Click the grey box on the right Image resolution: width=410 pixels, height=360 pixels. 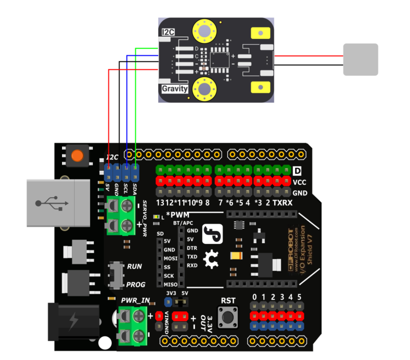coord(360,59)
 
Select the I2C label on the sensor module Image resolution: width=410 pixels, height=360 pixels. coord(169,32)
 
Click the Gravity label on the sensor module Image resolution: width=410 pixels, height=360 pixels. coord(175,89)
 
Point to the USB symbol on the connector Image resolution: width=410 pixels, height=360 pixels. coord(51,203)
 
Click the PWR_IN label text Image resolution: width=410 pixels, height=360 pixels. coord(136,300)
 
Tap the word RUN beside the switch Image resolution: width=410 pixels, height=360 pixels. coord(135,267)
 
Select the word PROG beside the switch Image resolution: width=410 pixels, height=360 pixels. coord(136,285)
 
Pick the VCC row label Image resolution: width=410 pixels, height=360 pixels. coord(300,182)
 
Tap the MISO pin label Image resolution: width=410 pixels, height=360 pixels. coord(170,284)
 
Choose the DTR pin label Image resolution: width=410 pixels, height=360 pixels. coord(192,248)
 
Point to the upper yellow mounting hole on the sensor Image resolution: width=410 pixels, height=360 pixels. coord(204,31)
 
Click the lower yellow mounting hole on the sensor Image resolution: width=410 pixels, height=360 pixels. coord(204,89)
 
